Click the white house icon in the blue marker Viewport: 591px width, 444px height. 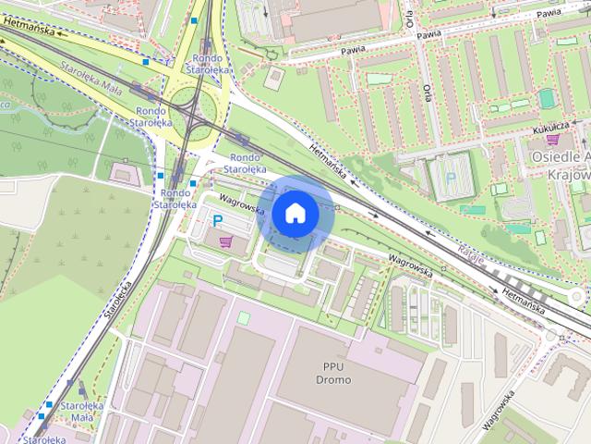point(294,214)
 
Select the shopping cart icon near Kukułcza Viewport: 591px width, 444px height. point(552,140)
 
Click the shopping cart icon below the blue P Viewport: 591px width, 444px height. point(226,241)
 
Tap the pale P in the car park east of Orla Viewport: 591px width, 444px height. point(451,177)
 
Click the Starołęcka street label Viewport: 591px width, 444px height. point(119,295)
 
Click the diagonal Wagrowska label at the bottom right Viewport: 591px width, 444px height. point(498,410)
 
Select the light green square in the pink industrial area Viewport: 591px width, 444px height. point(243,317)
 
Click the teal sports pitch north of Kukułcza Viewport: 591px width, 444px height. point(547,97)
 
